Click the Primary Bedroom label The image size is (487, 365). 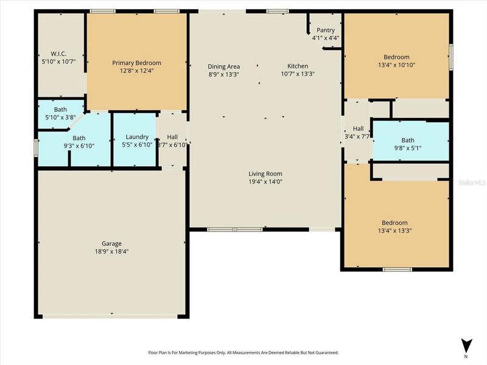136,63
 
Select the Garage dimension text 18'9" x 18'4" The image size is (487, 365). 111,251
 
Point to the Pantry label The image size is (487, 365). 326,30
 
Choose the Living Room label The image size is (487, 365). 265,173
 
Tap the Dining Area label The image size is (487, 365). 224,66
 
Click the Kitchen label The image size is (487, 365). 298,66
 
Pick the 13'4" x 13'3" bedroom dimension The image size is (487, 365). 394,231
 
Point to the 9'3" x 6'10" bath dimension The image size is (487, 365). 79,146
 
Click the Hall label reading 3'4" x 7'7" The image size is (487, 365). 358,136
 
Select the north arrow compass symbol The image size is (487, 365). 467,345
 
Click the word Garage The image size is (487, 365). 111,243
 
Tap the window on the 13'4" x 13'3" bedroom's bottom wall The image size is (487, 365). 397,269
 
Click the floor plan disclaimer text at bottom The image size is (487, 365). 243,352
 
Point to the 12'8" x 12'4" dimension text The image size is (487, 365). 136,71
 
